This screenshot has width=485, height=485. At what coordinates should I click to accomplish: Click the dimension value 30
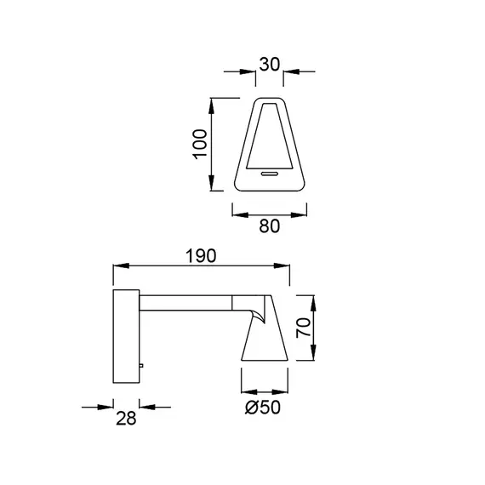pos(270,65)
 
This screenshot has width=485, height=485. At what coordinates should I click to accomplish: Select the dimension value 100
pos(200,144)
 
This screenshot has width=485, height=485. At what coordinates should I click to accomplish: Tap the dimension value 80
pos(270,226)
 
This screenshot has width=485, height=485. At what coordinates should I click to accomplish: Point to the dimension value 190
pos(201,256)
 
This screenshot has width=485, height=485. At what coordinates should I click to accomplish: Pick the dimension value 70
pos(304,328)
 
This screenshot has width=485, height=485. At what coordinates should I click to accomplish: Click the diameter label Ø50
pos(263,407)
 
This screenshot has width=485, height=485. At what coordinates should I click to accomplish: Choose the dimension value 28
pos(126,419)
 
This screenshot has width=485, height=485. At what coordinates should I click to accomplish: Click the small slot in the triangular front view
pos(270,174)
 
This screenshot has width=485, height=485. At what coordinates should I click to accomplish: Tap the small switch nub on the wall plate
pos(141,366)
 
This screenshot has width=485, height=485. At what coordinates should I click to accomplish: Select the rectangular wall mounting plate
pos(126,336)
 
